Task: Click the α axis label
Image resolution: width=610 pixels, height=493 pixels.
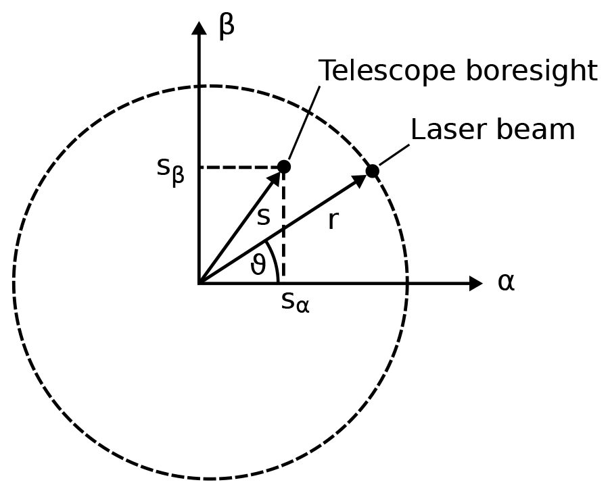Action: click(x=506, y=282)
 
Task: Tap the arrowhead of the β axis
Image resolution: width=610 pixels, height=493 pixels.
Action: click(x=199, y=28)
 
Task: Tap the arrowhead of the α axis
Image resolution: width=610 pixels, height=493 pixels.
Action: click(x=475, y=284)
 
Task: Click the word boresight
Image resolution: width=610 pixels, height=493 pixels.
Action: click(x=529, y=71)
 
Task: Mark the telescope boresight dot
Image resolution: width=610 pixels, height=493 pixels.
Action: click(x=284, y=166)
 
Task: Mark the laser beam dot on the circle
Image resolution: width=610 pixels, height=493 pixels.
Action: click(x=372, y=171)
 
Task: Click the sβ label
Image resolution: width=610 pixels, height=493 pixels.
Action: click(x=170, y=169)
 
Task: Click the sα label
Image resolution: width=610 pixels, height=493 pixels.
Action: click(x=295, y=302)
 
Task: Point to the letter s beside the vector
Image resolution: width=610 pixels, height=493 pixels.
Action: click(x=263, y=217)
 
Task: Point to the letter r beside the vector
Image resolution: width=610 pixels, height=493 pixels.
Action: click(x=331, y=220)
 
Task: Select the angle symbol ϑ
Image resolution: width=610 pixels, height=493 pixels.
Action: click(x=258, y=265)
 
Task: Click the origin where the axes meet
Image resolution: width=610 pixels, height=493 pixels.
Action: click(x=199, y=284)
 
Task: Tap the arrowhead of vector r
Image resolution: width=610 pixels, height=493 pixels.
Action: click(x=359, y=180)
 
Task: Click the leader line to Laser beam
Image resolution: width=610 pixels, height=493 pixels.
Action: click(x=394, y=155)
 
